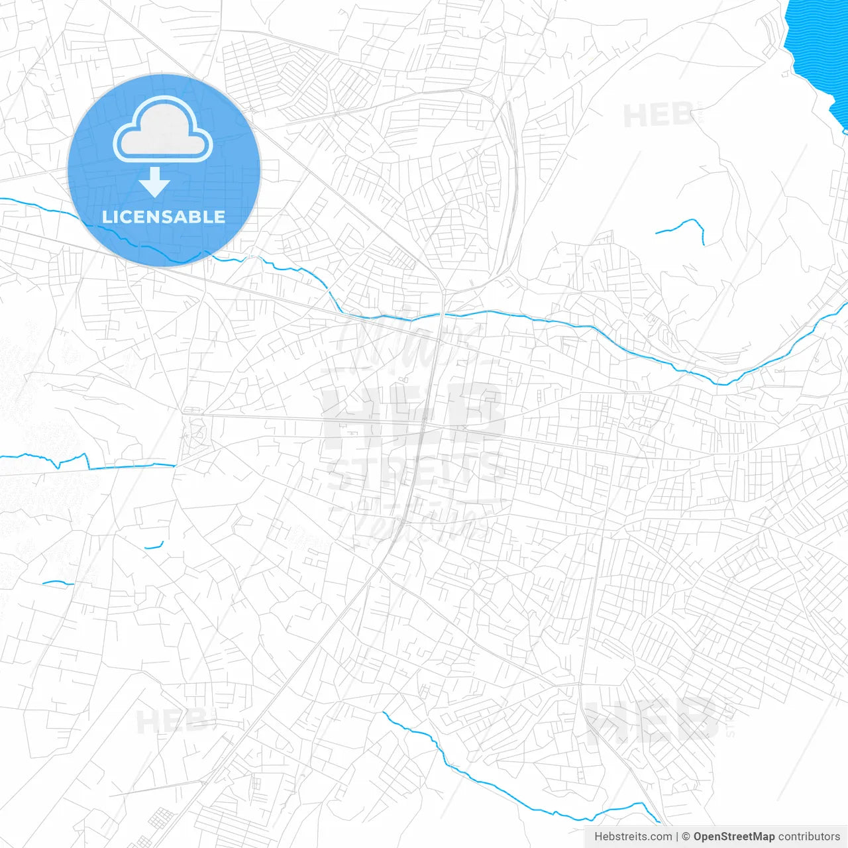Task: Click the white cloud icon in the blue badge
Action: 163,130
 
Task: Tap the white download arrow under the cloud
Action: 154,183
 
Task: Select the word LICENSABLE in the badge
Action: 164,217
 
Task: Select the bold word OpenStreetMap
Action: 734,837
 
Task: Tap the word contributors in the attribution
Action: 809,837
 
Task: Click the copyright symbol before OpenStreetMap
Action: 686,837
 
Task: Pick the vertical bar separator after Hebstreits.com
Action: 677,837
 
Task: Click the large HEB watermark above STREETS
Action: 414,414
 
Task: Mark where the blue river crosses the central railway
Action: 442,314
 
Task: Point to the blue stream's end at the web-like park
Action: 175,465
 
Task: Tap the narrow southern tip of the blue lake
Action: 841,123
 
